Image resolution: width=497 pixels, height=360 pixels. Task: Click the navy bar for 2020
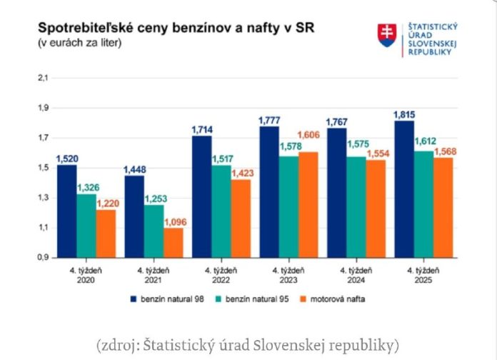coord(66,211)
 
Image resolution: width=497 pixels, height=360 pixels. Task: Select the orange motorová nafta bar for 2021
coord(173,243)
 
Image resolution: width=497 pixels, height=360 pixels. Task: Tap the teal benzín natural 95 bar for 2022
coord(221,211)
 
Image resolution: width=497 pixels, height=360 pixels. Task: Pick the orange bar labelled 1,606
coord(308,204)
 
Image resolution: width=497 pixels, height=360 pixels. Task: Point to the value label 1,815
coord(403,114)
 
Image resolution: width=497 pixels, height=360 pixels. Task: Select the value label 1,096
coord(173,222)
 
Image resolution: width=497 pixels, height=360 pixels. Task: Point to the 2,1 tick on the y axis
coord(41,78)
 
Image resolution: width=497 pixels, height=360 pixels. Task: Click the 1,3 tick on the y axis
coord(41,198)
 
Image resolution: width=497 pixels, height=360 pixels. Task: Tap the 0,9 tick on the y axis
coord(41,257)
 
